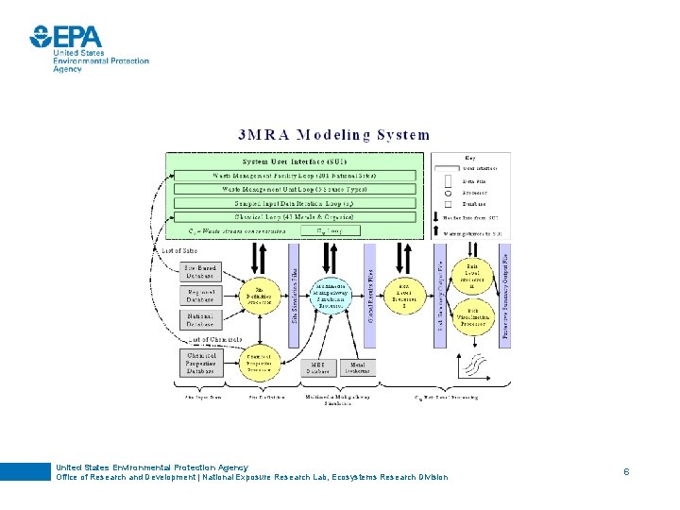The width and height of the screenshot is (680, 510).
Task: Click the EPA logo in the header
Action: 66,37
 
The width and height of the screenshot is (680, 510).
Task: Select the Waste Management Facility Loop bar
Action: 295,176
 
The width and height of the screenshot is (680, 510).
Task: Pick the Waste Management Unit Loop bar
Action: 295,189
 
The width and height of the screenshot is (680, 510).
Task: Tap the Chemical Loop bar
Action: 295,216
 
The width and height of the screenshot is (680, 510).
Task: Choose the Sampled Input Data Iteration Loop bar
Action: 295,203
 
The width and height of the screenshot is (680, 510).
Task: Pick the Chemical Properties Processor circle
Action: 258,362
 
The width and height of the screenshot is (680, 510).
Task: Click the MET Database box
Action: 317,367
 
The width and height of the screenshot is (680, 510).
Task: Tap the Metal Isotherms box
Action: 360,367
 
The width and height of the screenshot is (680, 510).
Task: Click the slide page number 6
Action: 625,469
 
